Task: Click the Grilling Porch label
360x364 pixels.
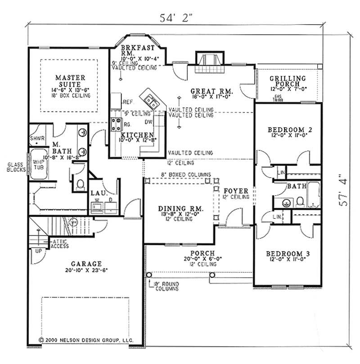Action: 288,81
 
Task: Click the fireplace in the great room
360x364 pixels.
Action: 208,60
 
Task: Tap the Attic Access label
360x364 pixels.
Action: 60,243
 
